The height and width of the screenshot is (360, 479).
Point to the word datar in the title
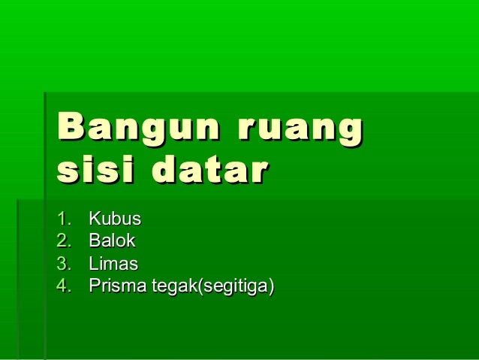(x=209, y=171)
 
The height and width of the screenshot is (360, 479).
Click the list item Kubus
(x=115, y=219)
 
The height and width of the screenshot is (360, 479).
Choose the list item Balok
(x=112, y=241)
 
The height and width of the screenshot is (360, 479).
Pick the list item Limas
(x=113, y=264)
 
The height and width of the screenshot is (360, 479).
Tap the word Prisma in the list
(x=117, y=286)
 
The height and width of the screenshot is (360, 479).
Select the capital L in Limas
(x=93, y=264)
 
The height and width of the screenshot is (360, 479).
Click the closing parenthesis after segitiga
(x=272, y=286)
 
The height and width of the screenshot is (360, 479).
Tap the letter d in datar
(x=165, y=171)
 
